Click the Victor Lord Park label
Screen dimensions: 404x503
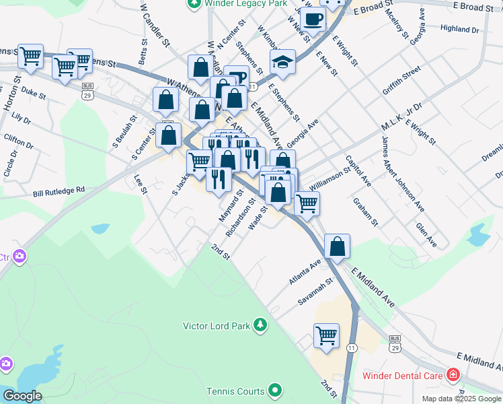click(217, 326)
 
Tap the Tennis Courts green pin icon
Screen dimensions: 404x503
click(274, 390)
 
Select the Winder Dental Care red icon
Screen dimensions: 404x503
click(454, 374)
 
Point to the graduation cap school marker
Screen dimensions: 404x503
click(282, 63)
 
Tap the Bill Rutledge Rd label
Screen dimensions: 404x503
click(59, 191)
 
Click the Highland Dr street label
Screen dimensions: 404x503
click(459, 30)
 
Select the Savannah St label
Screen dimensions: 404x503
click(316, 292)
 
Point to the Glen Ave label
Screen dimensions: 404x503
click(426, 235)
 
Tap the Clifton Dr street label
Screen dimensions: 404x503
click(18, 141)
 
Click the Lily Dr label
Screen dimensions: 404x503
click(22, 119)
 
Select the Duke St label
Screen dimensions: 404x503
click(33, 92)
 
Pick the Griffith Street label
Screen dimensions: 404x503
click(401, 80)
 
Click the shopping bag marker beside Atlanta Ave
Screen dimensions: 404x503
click(337, 247)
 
